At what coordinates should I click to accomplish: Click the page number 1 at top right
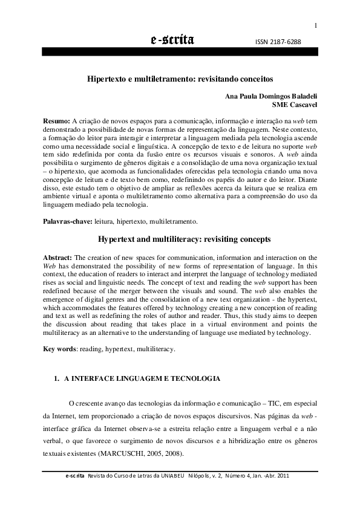(315, 25)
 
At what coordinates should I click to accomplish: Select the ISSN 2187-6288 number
(280, 42)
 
